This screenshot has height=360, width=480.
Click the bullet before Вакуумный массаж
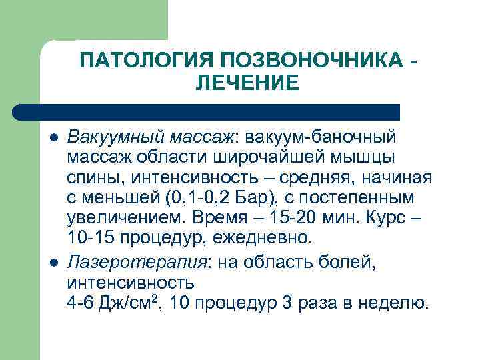click(53, 137)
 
